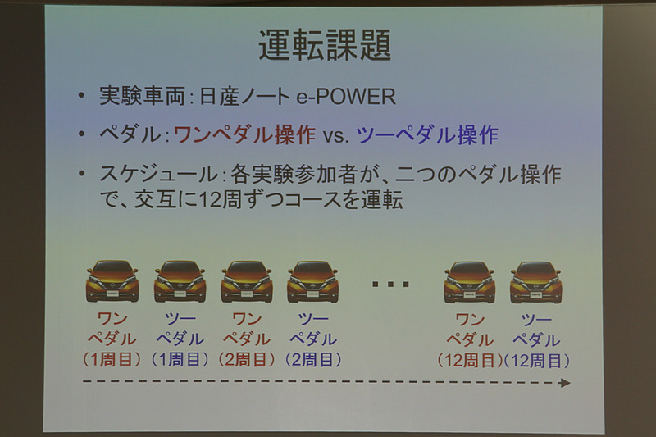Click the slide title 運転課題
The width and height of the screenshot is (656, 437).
(x=325, y=47)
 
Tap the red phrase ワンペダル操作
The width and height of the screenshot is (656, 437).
(x=245, y=135)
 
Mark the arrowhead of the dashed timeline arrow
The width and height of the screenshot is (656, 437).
(x=565, y=382)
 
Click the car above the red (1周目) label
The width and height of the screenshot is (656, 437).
(x=112, y=281)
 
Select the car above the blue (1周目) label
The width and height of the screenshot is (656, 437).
(x=180, y=281)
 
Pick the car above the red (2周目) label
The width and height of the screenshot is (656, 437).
(x=246, y=281)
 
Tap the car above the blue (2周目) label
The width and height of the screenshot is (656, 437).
(x=312, y=281)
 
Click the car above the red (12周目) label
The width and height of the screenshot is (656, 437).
(x=469, y=281)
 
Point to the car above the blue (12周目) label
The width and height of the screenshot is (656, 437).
(x=535, y=281)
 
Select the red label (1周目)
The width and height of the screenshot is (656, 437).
(x=112, y=359)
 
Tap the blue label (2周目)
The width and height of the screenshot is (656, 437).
(x=312, y=359)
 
